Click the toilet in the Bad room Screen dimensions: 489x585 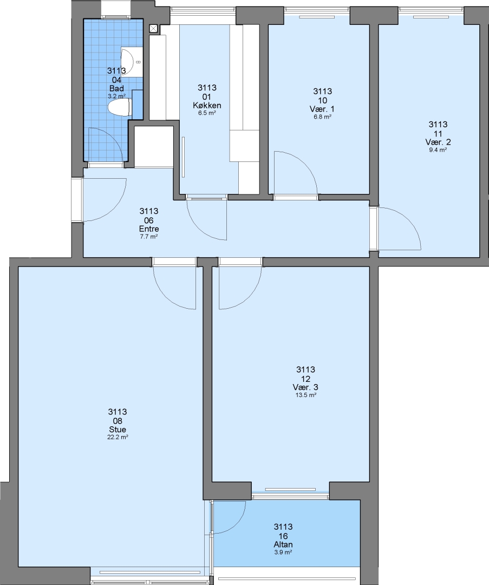tap(119, 107)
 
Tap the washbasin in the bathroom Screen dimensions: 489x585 tap(132, 62)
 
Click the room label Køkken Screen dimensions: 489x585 tap(207, 106)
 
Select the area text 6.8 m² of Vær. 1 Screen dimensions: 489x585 tap(322, 117)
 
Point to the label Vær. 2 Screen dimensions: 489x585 tap(438, 142)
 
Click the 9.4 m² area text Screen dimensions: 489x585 tap(438, 150)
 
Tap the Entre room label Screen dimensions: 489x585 tap(149, 229)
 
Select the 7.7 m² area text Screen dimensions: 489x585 tap(149, 237)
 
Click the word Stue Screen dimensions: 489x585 tap(118, 430)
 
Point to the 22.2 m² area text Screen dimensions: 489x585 tap(118, 437)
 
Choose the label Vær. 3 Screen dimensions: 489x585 tap(305, 387)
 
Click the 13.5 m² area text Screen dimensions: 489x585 tap(306, 395)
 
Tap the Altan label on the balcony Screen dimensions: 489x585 tap(283, 545)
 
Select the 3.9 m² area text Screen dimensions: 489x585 tap(283, 552)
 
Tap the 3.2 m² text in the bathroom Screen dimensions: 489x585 tap(117, 96)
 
